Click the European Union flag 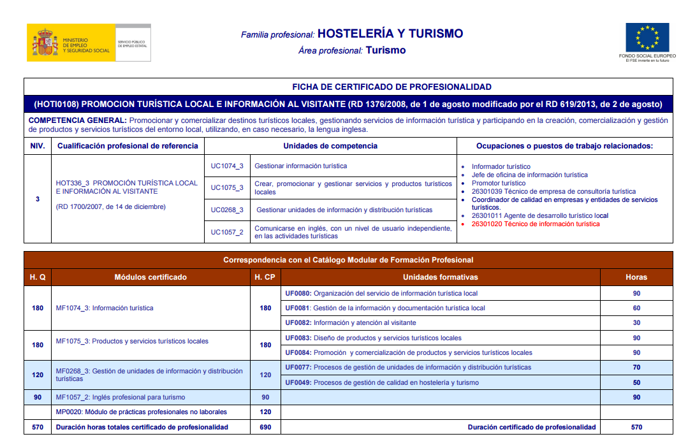point(647,37)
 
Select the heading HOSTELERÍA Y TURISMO point(390,34)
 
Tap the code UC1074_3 point(227,166)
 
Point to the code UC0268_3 point(227,210)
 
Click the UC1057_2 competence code point(227,232)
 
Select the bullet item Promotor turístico point(499,183)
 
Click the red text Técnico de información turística point(536,224)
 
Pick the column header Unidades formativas point(440,277)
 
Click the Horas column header point(636,277)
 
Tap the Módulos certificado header point(150,277)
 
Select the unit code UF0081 point(298,308)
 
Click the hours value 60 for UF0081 point(636,308)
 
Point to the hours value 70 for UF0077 point(636,367)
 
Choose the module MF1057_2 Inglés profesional point(121,397)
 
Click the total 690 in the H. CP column point(265,427)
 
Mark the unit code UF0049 point(298,382)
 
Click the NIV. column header point(38,146)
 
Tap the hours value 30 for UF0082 point(636,322)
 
